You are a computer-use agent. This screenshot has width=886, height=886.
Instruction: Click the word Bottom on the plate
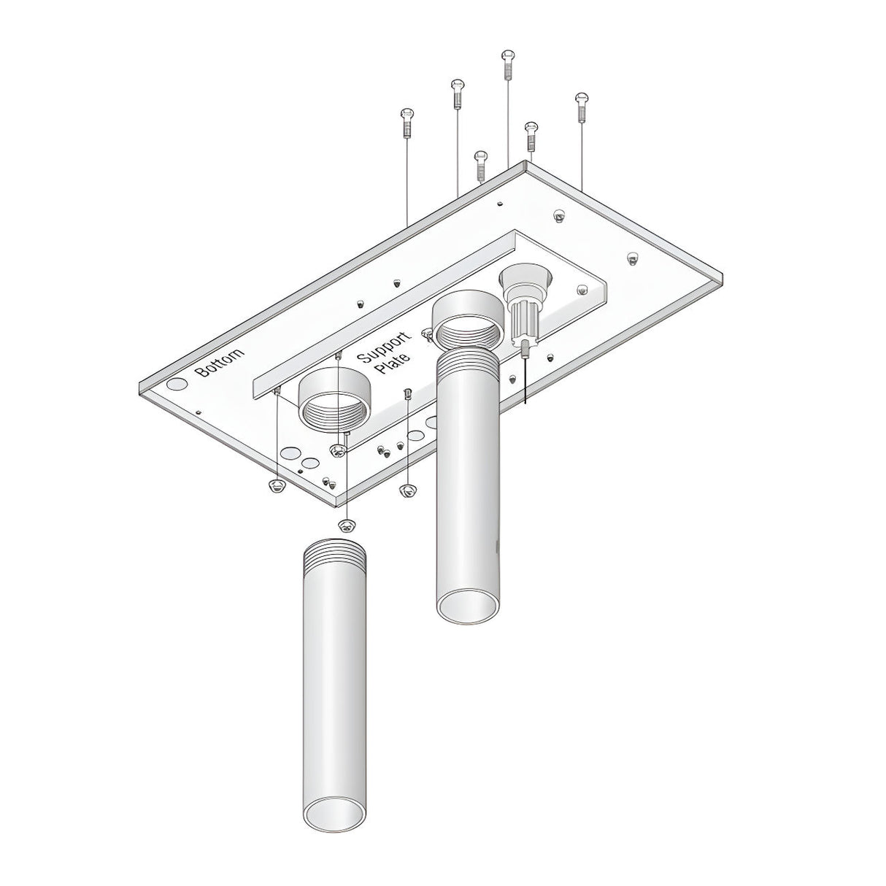coord(220,361)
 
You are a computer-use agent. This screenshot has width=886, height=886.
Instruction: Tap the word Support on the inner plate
coord(384,346)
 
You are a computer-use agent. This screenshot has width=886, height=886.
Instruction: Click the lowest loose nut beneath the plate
coord(347,525)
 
